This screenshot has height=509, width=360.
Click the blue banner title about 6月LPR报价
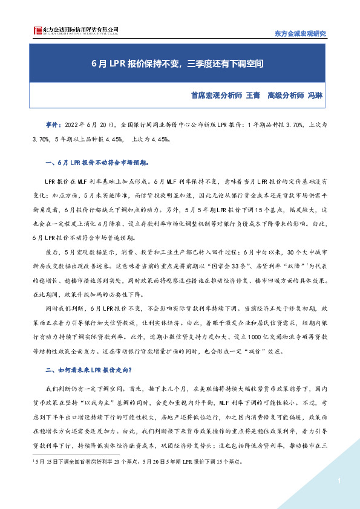[180, 62]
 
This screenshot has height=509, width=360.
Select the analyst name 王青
[252, 95]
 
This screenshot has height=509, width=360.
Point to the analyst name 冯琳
[315, 95]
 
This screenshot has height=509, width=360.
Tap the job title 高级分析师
[286, 95]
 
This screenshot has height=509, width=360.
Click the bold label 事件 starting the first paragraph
[53, 123]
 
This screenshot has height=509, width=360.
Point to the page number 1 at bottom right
[340, 481]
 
